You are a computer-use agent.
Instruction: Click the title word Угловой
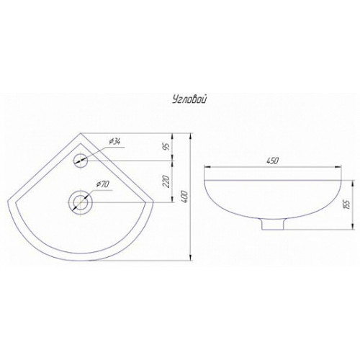189,100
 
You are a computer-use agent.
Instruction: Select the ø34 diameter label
114,142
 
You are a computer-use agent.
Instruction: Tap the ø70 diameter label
102,184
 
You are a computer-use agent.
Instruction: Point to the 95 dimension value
168,146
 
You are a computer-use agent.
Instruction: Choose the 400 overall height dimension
185,197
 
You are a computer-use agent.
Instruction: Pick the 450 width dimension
273,161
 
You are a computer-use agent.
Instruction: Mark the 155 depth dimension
347,204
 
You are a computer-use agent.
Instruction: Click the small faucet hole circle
80,161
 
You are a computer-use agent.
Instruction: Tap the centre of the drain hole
80,202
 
